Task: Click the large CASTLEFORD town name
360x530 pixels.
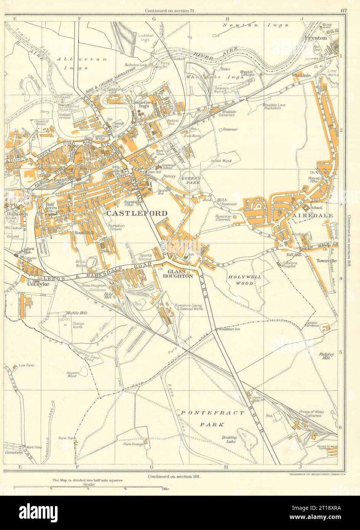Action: click(x=137, y=213)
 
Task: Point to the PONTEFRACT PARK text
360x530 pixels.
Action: click(x=212, y=418)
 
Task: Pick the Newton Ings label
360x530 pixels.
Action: click(x=241, y=25)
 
